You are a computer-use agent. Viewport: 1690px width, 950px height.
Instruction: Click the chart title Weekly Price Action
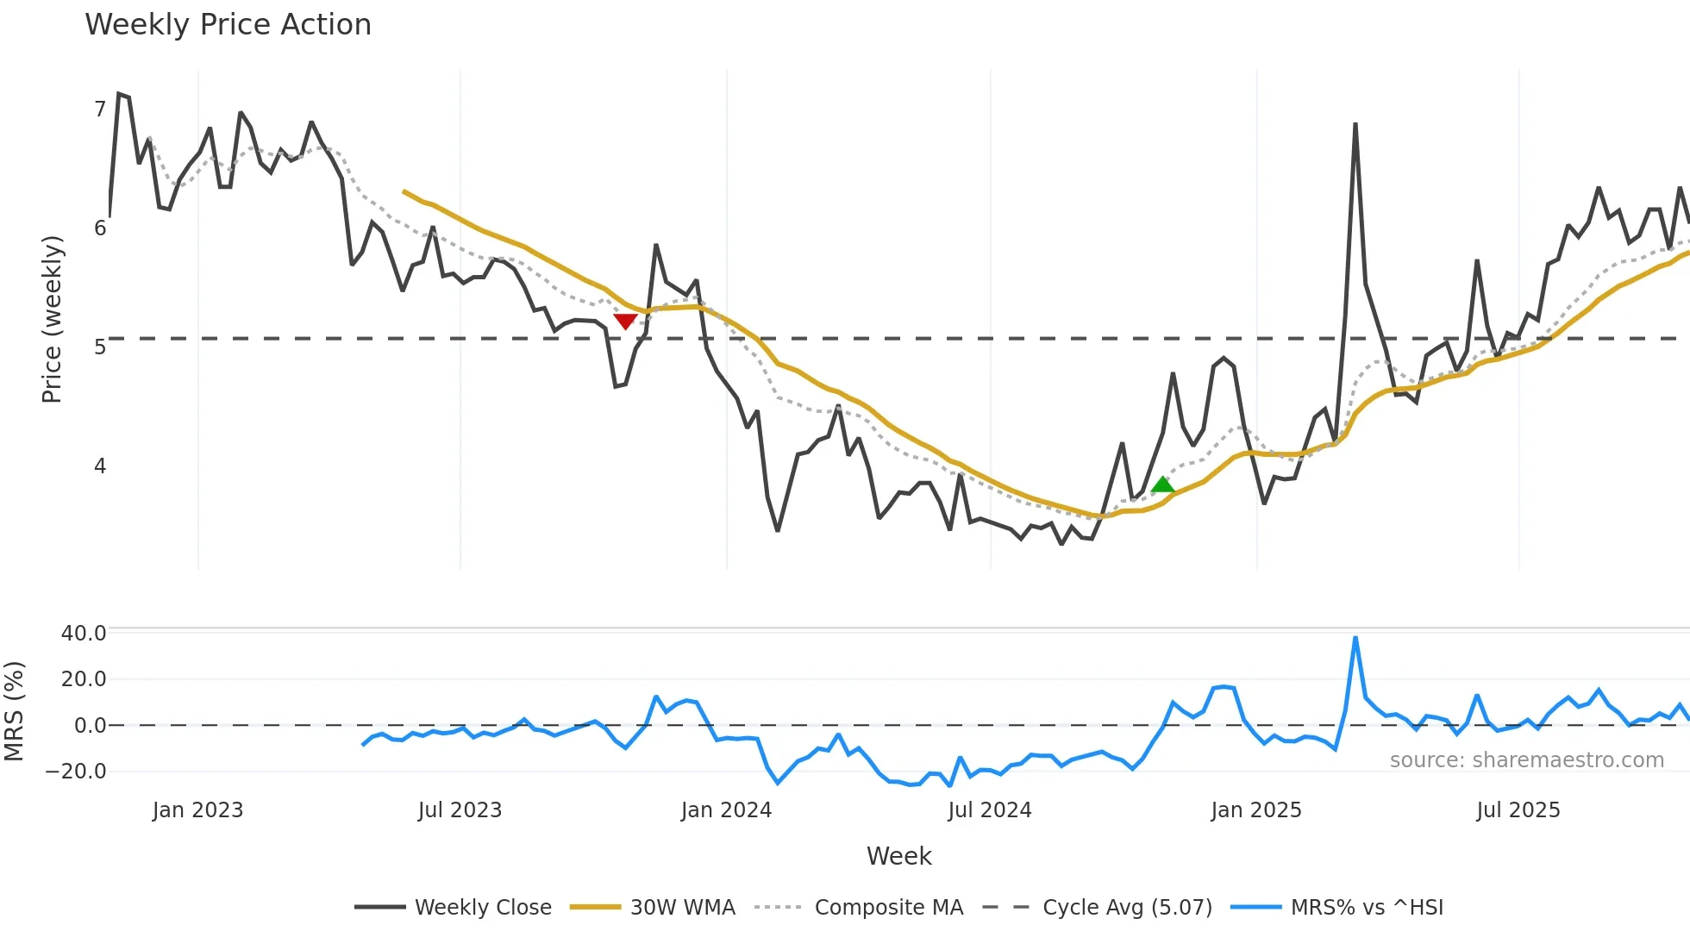[228, 25]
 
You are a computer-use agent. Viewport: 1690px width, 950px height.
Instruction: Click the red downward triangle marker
[625, 322]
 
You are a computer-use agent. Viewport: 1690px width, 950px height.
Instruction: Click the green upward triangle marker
[1162, 484]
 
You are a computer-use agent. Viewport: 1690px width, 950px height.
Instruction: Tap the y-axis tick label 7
[100, 109]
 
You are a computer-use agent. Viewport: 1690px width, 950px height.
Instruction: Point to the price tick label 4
[100, 466]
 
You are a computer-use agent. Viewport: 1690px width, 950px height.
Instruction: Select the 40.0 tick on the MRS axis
[84, 634]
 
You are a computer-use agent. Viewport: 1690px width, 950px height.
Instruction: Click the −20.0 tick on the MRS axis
[77, 772]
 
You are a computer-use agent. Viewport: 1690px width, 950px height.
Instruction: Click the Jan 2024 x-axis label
[726, 810]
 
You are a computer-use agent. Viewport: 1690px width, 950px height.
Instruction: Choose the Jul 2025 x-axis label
[1518, 810]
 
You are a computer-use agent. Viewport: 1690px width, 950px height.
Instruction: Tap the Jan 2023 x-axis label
[197, 810]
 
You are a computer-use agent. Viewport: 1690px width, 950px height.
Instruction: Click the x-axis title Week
[898, 856]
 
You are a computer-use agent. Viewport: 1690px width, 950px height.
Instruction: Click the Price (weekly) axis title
[52, 319]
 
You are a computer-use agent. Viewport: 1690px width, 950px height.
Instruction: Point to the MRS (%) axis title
[14, 711]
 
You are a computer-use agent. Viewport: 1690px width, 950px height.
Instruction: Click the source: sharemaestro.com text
[1526, 760]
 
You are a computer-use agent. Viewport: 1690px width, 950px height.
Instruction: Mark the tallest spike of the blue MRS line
[1355, 639]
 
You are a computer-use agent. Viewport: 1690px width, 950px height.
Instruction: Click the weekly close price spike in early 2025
[1355, 125]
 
